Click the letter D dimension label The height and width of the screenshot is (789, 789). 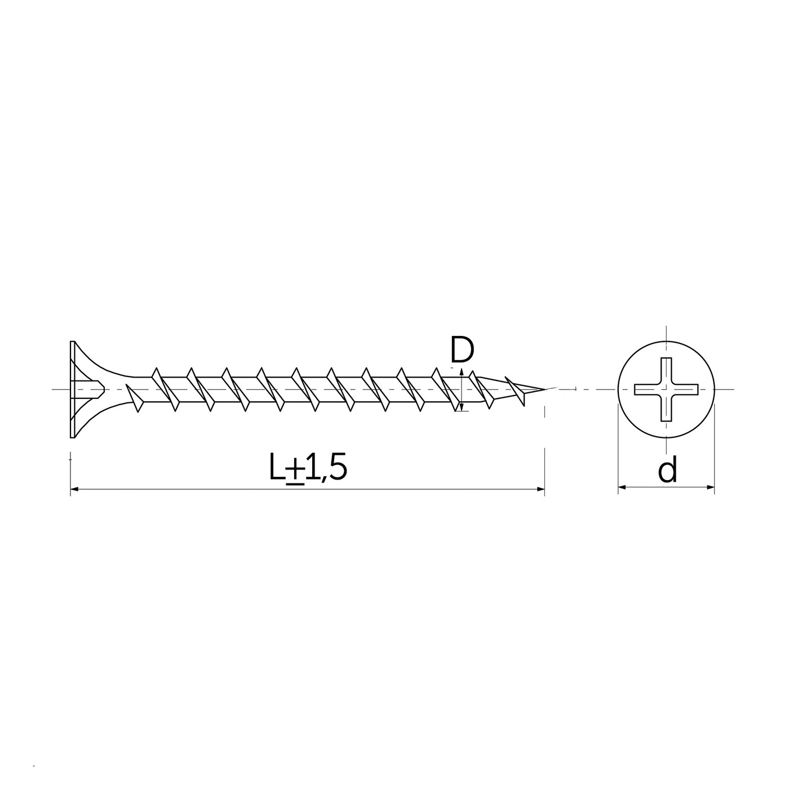462,349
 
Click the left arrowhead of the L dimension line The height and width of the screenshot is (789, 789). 74,489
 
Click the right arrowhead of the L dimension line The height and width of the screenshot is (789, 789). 540,489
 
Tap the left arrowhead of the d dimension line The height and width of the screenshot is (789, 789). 622,487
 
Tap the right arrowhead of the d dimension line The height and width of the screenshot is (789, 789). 710,487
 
